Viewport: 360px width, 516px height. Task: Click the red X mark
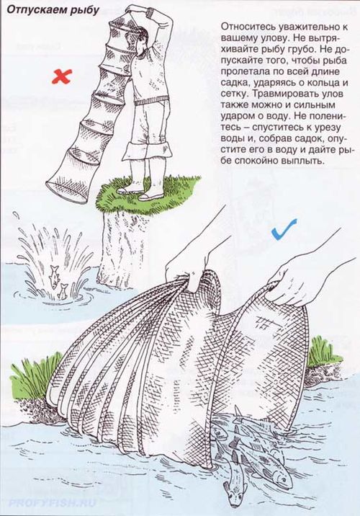click(x=62, y=76)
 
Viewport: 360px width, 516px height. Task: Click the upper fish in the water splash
click(x=53, y=276)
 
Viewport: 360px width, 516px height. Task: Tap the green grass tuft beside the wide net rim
click(x=320, y=353)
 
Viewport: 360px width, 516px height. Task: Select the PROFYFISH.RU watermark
click(x=53, y=503)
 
